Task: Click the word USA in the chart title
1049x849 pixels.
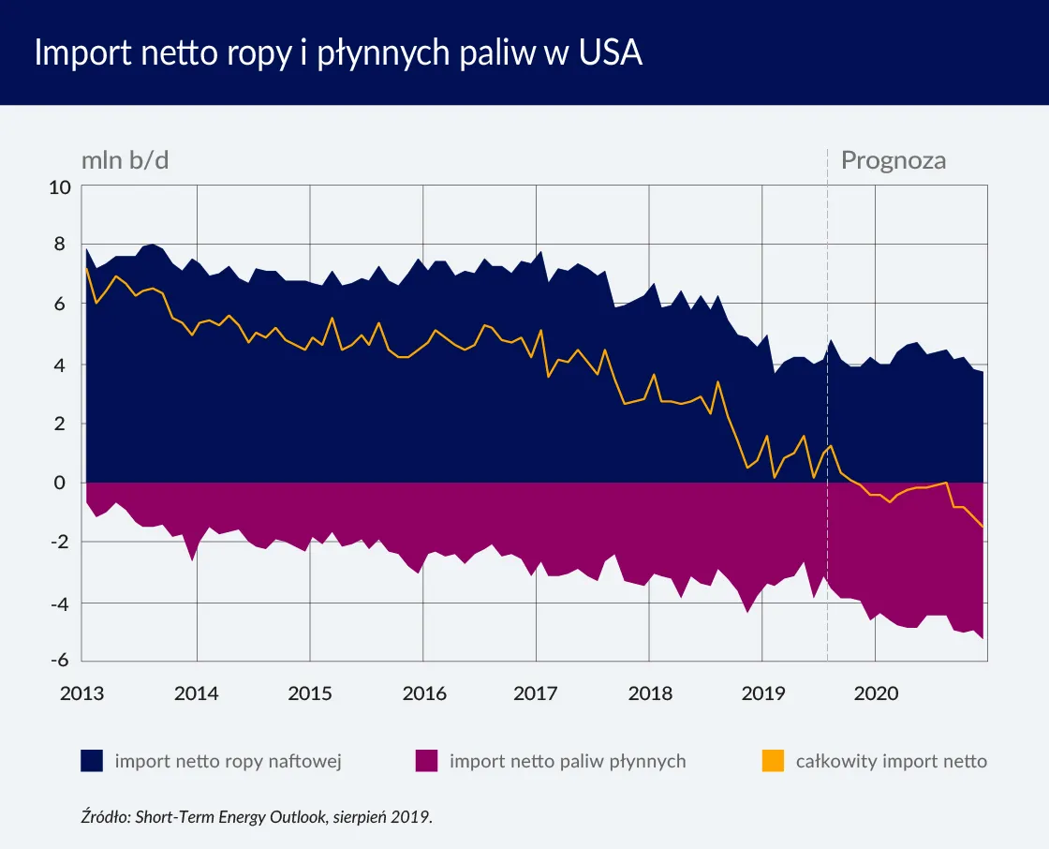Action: [611, 53]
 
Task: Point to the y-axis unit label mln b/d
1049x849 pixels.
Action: [125, 160]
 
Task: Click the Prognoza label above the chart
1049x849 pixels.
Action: [893, 160]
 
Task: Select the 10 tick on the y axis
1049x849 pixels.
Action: [61, 186]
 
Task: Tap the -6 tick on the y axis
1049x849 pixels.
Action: [61, 661]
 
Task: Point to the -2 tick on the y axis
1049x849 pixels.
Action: [61, 543]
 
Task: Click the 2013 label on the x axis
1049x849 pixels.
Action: [83, 694]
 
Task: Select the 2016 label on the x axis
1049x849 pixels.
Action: [423, 694]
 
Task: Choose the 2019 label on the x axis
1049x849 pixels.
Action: [762, 694]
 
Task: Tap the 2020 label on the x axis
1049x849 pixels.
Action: [876, 694]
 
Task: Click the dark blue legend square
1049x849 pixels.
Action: [92, 761]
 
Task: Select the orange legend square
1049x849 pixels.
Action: [773, 761]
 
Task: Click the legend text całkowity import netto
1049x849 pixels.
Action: [891, 761]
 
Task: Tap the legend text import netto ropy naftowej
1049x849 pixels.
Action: [228, 761]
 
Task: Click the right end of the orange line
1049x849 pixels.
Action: [983, 528]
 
